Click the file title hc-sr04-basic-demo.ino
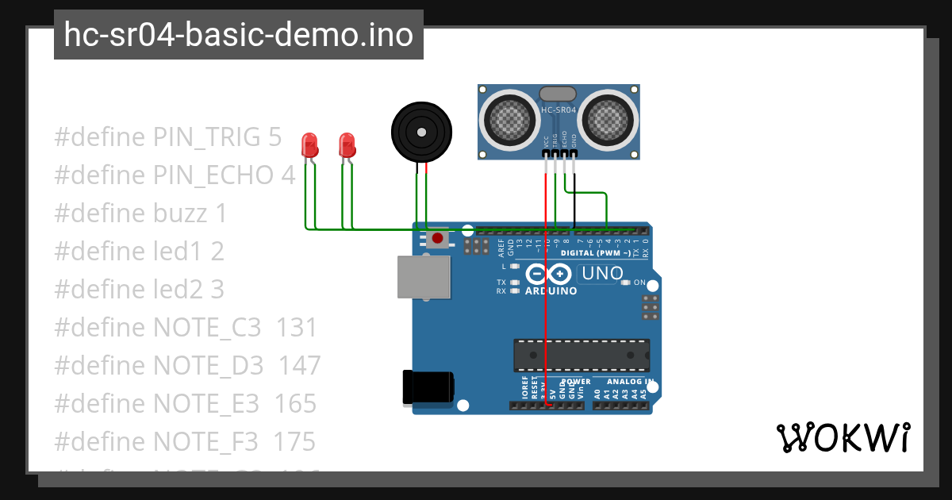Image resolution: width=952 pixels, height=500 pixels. (238, 35)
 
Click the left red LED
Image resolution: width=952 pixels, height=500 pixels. (310, 144)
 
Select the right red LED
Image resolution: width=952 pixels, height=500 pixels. (347, 144)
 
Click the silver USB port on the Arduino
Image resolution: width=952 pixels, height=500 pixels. (424, 276)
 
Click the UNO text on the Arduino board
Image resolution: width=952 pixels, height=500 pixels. (602, 274)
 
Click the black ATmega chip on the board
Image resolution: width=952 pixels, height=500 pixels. (581, 355)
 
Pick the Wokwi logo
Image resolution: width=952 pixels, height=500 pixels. (843, 437)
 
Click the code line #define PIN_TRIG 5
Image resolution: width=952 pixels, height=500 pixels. (167, 137)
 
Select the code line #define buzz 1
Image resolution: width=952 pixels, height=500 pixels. (140, 213)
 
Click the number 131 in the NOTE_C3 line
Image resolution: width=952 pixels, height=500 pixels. (296, 328)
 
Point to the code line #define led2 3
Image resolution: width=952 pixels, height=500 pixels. (139, 290)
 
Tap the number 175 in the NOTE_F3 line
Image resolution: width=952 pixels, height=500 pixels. (295, 442)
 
